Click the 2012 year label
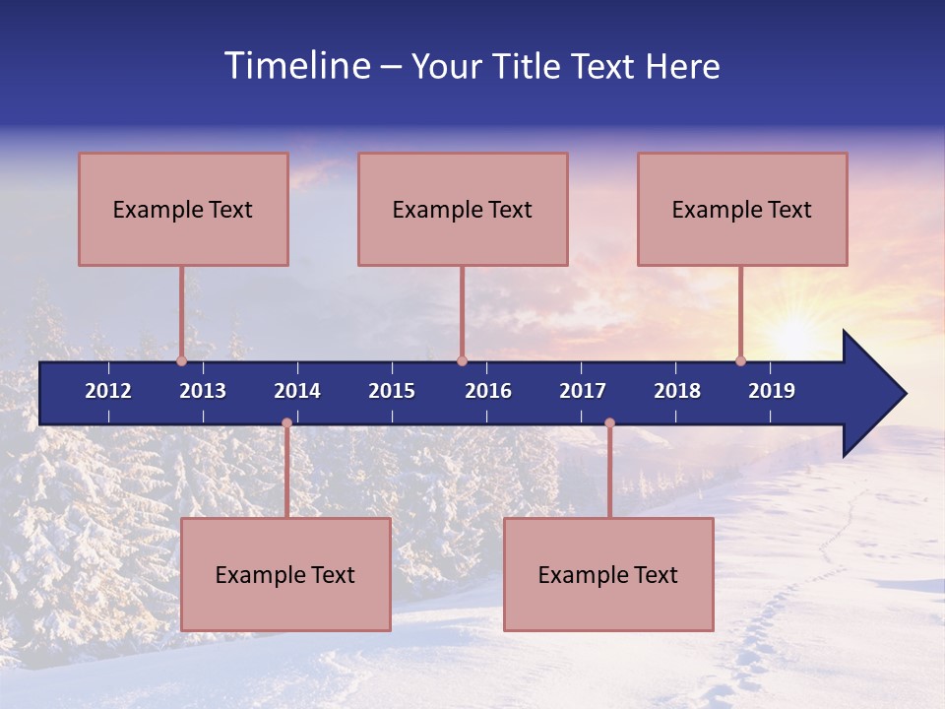click(x=108, y=391)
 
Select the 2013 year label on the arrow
click(x=203, y=391)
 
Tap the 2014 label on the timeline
click(x=297, y=391)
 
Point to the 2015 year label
click(x=392, y=391)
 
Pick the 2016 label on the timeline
click(x=488, y=391)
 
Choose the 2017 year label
click(x=583, y=391)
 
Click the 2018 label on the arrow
click(x=677, y=391)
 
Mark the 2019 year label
click(x=772, y=391)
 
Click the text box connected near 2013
click(x=183, y=209)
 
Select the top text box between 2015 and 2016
click(x=463, y=209)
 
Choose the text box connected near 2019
click(x=742, y=209)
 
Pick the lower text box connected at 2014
click(x=285, y=574)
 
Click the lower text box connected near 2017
click(x=608, y=574)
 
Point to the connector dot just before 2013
click(x=181, y=360)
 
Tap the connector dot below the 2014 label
click(x=286, y=423)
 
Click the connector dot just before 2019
click(x=740, y=360)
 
